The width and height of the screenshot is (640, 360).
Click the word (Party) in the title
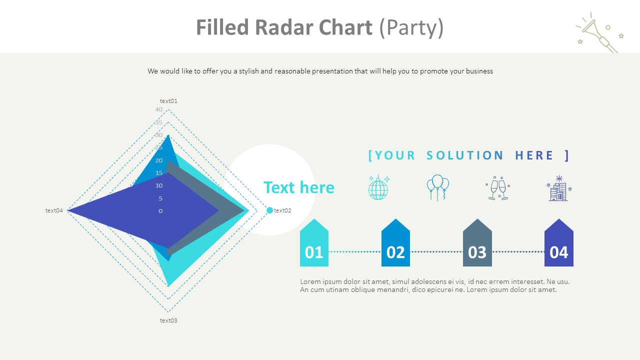tap(411, 28)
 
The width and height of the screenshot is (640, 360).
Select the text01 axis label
tap(168, 101)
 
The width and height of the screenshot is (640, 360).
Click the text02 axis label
tap(282, 210)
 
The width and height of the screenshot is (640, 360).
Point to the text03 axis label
tap(168, 320)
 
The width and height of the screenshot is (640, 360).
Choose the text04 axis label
tap(54, 210)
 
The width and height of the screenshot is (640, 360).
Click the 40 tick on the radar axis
tap(158, 109)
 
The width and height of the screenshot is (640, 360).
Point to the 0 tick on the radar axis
tap(160, 211)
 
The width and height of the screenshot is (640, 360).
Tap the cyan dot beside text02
tap(270, 210)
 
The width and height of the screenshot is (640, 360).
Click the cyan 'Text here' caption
tap(298, 187)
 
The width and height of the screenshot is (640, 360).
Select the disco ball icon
tap(378, 188)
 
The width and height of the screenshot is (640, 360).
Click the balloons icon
tap(437, 187)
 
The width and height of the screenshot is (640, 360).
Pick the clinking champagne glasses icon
tap(498, 188)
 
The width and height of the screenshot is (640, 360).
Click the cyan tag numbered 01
tap(314, 244)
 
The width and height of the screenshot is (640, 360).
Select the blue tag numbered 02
tap(395, 244)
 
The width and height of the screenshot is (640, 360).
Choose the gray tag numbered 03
tap(477, 244)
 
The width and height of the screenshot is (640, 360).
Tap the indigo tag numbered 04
tap(558, 244)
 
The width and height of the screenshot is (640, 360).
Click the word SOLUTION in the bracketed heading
tap(465, 155)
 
